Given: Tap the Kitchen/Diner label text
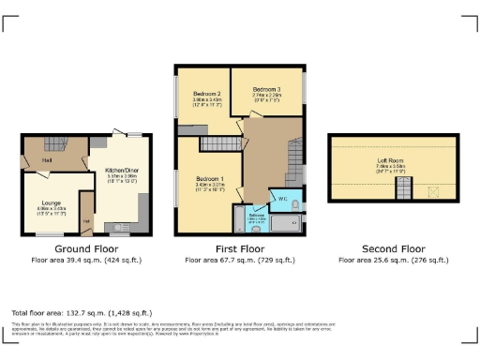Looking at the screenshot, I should pos(125,171).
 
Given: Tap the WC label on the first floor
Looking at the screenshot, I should pos(282,199).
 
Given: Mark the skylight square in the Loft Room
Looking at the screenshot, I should pos(433,192).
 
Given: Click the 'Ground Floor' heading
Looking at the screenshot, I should pos(83,248).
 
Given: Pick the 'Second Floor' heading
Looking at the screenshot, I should pos(392,248).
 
